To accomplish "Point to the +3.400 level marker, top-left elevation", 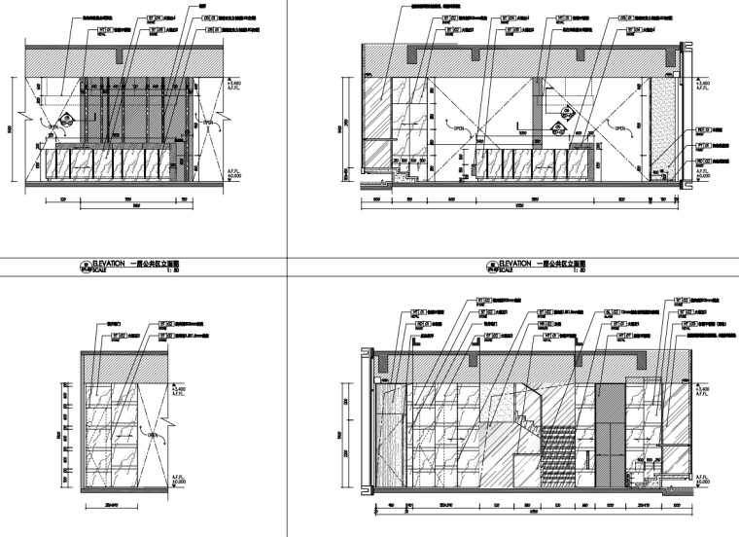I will pyautogui.click(x=233, y=89).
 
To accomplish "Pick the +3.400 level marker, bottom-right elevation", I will pyautogui.click(x=703, y=389).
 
